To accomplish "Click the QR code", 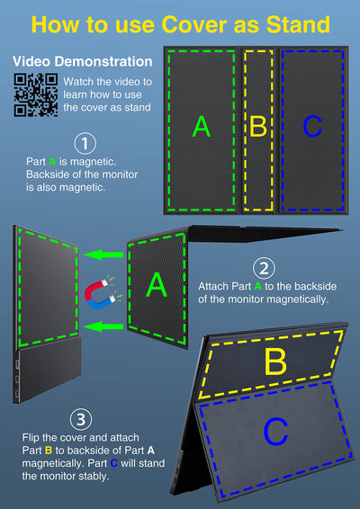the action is tap(36, 94).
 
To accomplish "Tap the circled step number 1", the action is tap(85, 144).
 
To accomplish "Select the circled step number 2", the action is tap(264, 269).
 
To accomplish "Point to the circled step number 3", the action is tap(81, 419).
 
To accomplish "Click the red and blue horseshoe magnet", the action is tap(101, 294).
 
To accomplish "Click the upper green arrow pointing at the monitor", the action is tap(104, 254).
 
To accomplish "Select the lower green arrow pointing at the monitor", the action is tap(104, 326).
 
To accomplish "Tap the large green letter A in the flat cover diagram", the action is tap(202, 127).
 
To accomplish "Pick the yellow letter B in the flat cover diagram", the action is tap(258, 127).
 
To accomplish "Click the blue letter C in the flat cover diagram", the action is tap(312, 127).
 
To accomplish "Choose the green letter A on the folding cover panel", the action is tap(157, 285).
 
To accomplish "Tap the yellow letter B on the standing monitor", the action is tap(275, 362).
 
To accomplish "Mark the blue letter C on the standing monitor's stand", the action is tap(275, 432).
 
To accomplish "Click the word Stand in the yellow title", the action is tap(298, 24).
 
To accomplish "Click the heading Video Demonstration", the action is tap(83, 61).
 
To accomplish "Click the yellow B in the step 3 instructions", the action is tap(49, 451).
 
